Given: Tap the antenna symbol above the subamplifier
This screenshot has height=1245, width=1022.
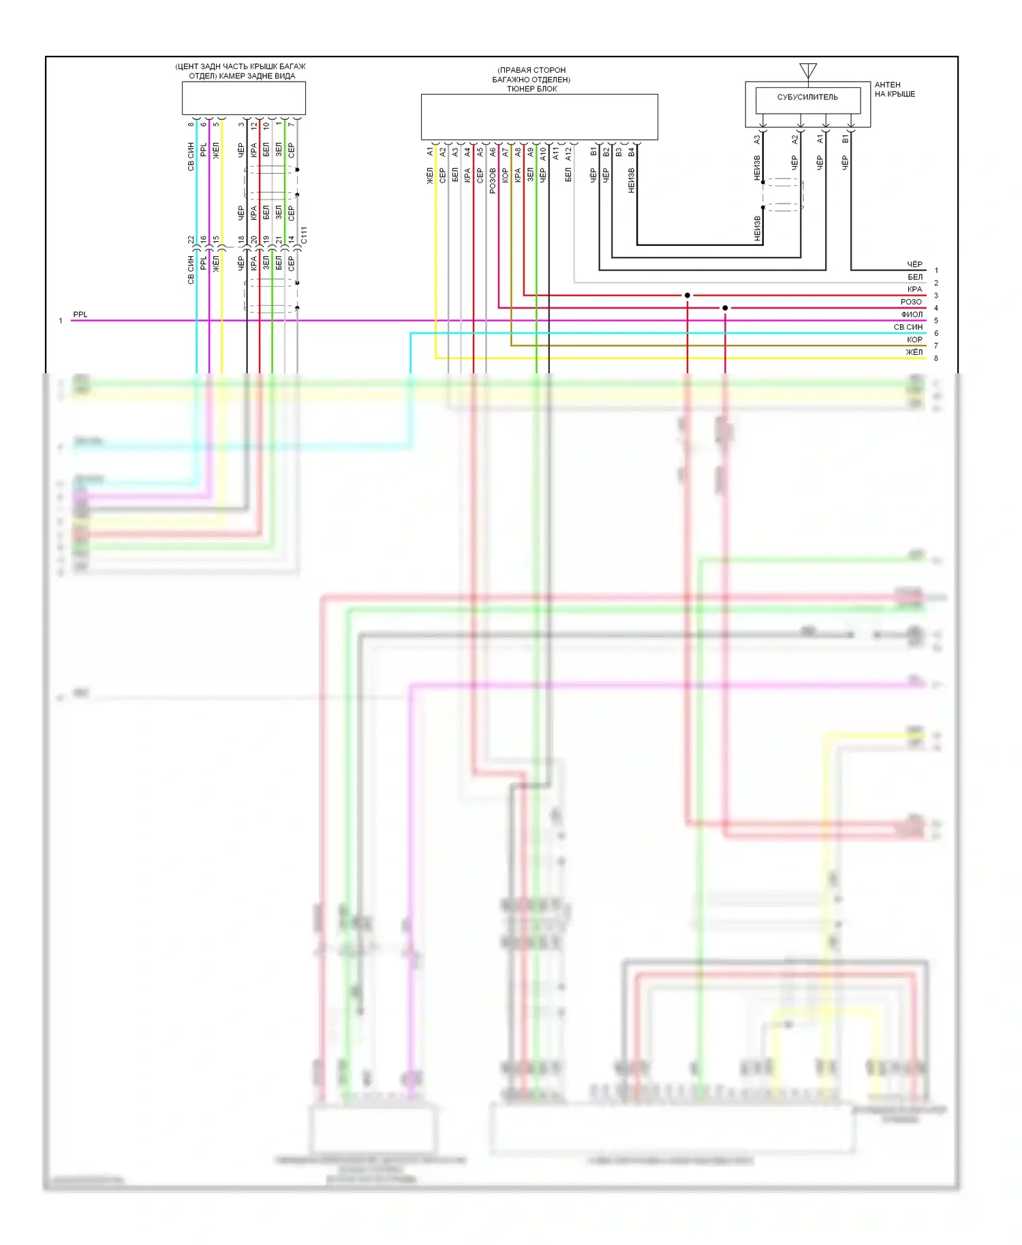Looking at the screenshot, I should click(x=808, y=70).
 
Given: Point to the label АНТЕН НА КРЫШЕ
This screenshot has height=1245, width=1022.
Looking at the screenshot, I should click(x=895, y=89).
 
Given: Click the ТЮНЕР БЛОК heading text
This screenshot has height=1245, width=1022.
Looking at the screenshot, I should click(x=531, y=89).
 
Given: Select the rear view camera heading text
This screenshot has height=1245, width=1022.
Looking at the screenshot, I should click(x=241, y=71).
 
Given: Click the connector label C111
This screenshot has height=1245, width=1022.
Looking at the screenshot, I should click(x=304, y=235).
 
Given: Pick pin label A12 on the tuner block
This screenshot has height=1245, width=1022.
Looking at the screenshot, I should click(x=568, y=154).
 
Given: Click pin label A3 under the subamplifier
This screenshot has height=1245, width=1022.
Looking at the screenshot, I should click(x=756, y=139).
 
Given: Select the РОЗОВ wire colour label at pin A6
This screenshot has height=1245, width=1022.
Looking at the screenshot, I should click(x=493, y=180).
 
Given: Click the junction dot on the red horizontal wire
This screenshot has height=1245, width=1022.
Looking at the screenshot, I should click(x=687, y=295).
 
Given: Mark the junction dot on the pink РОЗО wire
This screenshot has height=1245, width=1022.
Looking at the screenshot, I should click(x=725, y=308).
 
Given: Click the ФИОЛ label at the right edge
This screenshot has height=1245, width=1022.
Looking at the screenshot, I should click(x=912, y=315).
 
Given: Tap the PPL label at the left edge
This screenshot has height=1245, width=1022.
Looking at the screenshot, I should click(x=80, y=315).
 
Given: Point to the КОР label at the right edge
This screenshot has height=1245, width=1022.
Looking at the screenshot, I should click(x=914, y=340).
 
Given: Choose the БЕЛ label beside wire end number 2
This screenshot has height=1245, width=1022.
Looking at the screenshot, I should click(x=915, y=277).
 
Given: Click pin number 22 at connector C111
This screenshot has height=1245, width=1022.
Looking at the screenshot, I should click(x=191, y=240).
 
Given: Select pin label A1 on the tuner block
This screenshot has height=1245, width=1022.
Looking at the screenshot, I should click(x=430, y=151).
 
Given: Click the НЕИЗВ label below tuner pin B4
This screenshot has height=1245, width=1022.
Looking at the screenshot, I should click(x=631, y=180).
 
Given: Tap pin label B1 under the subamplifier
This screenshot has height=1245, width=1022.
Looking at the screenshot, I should click(x=845, y=139).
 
